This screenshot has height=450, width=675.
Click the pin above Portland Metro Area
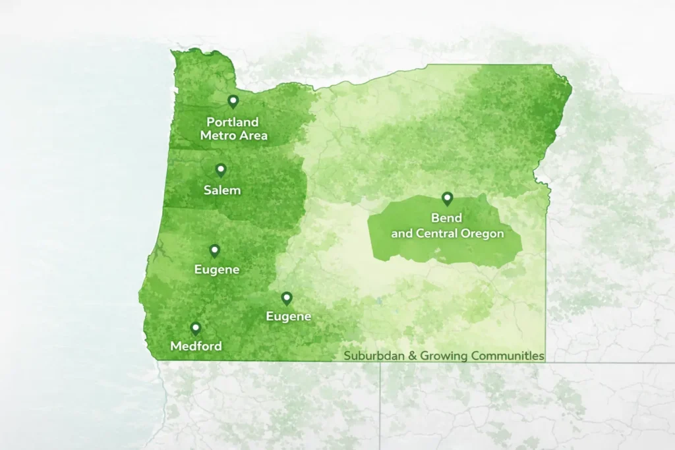point(233,101)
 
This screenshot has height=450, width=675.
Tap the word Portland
point(233,123)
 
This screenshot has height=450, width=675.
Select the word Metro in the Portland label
point(217,136)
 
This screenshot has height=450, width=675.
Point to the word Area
point(253,136)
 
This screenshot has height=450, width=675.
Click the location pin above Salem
point(221,170)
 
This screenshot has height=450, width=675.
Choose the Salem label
point(221,190)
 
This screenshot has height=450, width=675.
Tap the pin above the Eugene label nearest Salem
point(214,250)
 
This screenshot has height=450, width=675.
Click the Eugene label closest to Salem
point(217,269)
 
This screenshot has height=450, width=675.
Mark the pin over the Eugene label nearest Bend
point(287,298)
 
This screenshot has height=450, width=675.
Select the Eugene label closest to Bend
point(288,317)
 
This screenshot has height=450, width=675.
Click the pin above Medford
point(195,328)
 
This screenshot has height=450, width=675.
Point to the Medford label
point(196,346)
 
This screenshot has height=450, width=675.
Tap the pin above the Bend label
point(447,198)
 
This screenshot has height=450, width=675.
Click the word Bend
point(447,218)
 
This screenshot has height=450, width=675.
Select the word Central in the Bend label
point(439,233)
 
